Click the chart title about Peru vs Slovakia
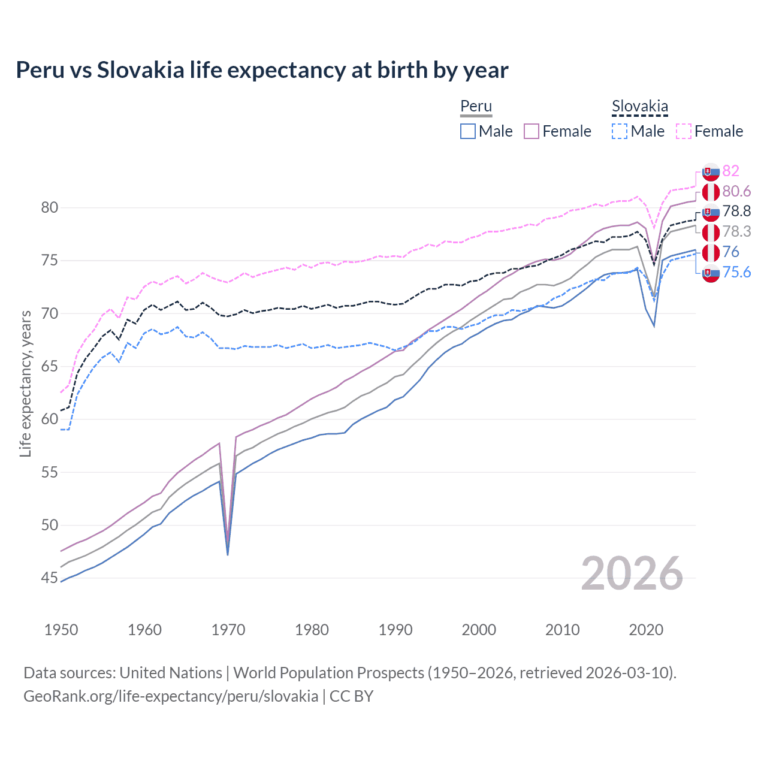click(x=262, y=70)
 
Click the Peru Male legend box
click(x=468, y=131)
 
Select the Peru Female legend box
click(x=532, y=131)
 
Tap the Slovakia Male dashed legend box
click(x=620, y=131)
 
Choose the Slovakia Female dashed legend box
click(x=683, y=131)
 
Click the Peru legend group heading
click(x=476, y=107)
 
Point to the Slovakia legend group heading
click(x=639, y=107)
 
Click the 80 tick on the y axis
click(x=50, y=208)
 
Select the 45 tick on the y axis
click(x=50, y=578)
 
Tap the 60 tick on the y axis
click(x=50, y=419)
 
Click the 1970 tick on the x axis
click(x=228, y=630)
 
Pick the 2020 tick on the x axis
click(x=646, y=630)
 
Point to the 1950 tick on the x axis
click(x=61, y=630)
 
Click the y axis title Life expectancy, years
click(x=25, y=383)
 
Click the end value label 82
click(x=730, y=171)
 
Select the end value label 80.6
click(x=736, y=192)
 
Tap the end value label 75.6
click(x=736, y=273)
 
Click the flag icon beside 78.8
click(x=711, y=212)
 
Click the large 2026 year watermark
click(x=632, y=573)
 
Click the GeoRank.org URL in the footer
click(x=171, y=696)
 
